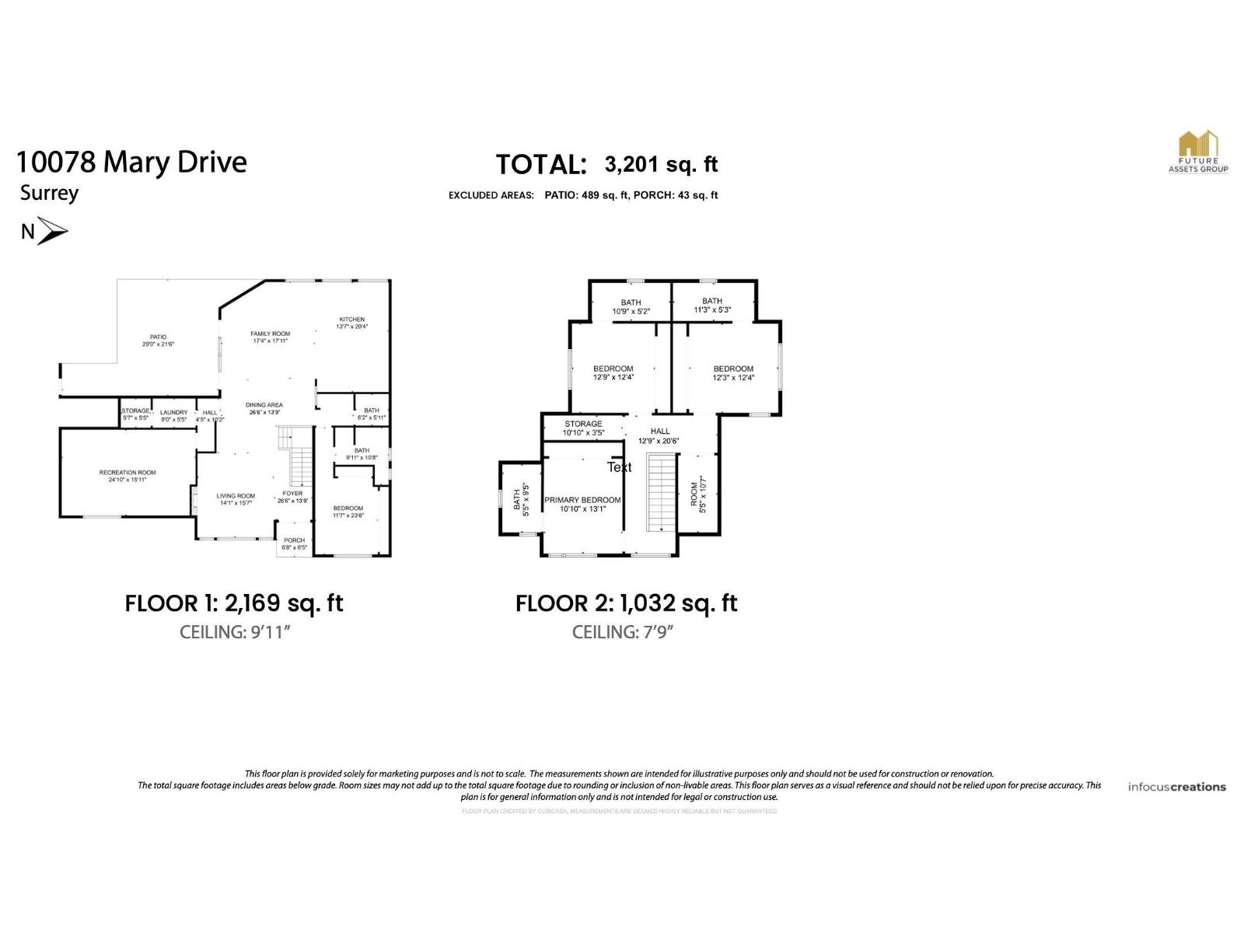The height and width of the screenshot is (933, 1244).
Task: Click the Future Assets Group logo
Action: coord(1198,152)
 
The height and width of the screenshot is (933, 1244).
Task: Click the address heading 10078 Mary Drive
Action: coord(131,162)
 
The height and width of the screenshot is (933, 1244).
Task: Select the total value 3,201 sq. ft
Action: coord(661,164)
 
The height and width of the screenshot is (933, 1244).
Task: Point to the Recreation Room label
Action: coord(128,476)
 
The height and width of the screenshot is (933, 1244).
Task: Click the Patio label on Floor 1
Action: coord(158,341)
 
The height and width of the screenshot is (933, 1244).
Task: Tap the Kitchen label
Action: coord(351,323)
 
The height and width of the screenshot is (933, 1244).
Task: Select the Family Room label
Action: coord(270,337)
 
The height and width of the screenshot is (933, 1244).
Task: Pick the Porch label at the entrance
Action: coord(294,543)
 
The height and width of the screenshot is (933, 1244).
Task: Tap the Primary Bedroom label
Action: coord(582,504)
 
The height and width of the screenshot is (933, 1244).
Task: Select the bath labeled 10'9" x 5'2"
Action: coord(631,306)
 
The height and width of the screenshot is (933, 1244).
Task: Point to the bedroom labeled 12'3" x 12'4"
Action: coord(733,373)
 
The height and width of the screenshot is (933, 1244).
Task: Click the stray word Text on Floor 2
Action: coord(619,467)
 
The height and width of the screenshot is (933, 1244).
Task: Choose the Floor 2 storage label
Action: coord(583,428)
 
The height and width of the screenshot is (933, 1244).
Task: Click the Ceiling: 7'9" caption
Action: coord(622,631)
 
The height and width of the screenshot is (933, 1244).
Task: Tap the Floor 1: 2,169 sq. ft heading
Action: coord(234,603)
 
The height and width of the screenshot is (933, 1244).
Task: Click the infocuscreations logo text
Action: coord(1176,787)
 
